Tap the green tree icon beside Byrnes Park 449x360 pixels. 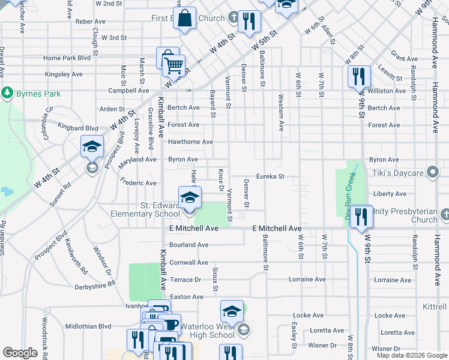(7, 94)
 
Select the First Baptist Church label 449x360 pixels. (188, 19)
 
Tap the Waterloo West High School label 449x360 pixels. (208, 331)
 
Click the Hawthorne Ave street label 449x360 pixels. (190, 142)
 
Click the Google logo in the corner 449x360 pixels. (20, 353)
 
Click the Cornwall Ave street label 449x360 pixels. (188, 262)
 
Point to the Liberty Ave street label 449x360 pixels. (390, 194)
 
